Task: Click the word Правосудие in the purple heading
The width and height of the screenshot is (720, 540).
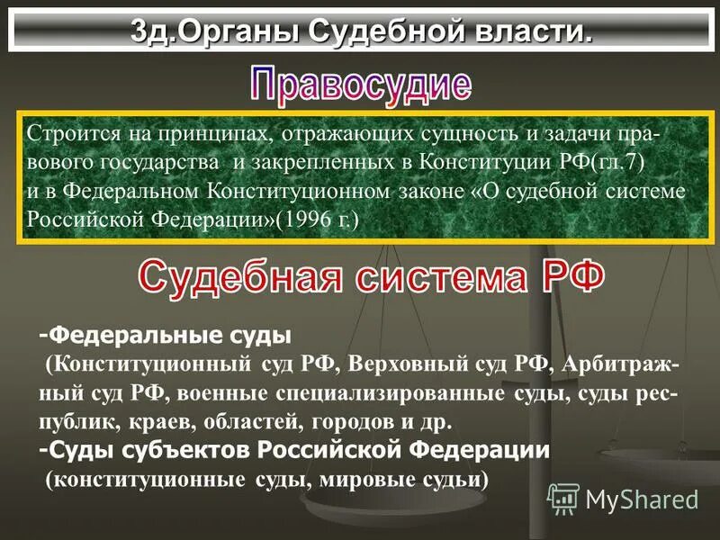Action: click(360, 85)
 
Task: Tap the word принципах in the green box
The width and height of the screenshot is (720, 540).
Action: click(216, 132)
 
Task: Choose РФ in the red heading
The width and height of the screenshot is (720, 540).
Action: click(571, 275)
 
